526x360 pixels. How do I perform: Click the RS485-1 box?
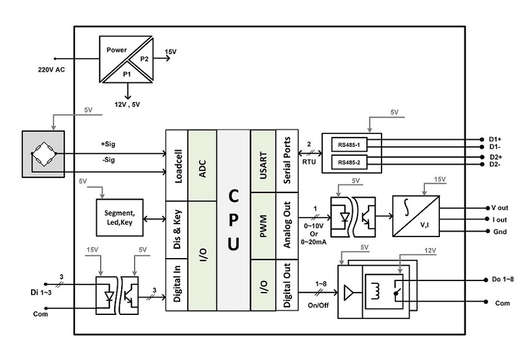point(349,145)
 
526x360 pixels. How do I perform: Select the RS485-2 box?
point(349,162)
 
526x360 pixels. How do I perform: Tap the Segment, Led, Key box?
point(119,217)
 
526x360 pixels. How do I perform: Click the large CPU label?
point(233,220)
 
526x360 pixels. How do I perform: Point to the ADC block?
point(202,166)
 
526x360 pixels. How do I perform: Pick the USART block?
point(263,161)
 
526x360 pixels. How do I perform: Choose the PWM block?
point(263,226)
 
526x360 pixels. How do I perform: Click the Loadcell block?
point(177,166)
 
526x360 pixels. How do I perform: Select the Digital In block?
point(177,284)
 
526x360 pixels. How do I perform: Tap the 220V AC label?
point(51,70)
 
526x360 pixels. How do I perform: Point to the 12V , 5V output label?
point(128,105)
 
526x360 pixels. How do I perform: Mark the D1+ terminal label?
point(495,139)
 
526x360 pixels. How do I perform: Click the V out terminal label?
point(500,208)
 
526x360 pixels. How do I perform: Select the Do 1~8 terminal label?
point(503,279)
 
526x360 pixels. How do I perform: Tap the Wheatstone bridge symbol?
point(44,154)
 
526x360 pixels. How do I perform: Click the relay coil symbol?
point(376,290)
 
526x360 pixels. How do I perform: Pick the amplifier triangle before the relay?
point(348,293)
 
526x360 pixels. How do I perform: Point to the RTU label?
point(309,162)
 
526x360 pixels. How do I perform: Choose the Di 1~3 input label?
point(41,293)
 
